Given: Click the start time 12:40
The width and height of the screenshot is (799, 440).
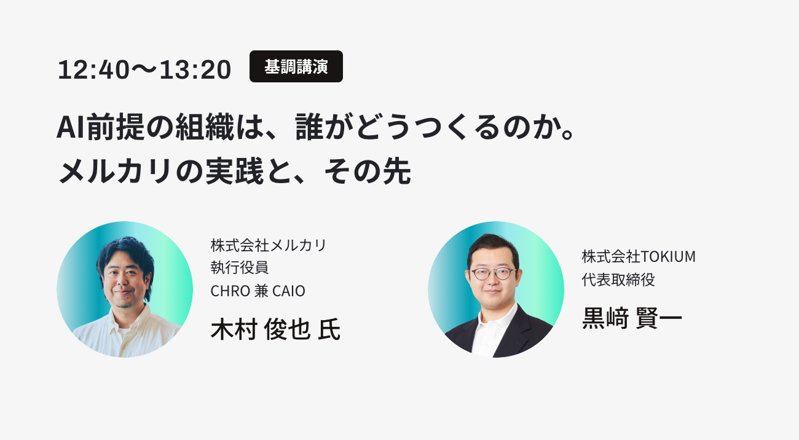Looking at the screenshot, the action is click(x=93, y=69).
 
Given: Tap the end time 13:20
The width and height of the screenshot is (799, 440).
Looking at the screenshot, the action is click(x=195, y=69).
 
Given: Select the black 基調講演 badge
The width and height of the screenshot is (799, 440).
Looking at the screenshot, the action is click(x=296, y=66).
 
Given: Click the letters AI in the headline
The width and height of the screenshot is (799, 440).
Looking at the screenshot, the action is click(x=71, y=127).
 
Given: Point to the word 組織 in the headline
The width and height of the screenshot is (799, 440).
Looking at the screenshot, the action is click(x=205, y=127).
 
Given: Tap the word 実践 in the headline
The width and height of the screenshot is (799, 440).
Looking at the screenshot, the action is click(x=234, y=171).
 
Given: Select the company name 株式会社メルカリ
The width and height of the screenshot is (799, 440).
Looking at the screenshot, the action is click(x=268, y=245).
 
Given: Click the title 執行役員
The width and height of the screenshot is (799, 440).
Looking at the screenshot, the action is click(x=239, y=268).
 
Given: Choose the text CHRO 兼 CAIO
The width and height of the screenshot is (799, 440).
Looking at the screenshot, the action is click(x=258, y=291).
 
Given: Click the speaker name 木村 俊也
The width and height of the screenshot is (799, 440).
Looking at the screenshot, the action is click(x=261, y=329).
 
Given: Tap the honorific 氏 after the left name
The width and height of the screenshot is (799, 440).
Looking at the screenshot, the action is click(x=329, y=329).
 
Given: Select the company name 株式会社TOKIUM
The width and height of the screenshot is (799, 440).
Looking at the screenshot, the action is click(x=639, y=257).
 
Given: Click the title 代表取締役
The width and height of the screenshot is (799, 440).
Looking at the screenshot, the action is click(x=618, y=280).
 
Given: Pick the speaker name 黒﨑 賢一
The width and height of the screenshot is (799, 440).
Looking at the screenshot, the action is click(x=632, y=318).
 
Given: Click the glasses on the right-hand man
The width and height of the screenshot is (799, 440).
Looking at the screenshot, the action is click(x=492, y=274).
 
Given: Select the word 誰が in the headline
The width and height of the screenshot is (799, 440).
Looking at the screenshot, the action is click(x=325, y=127).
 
